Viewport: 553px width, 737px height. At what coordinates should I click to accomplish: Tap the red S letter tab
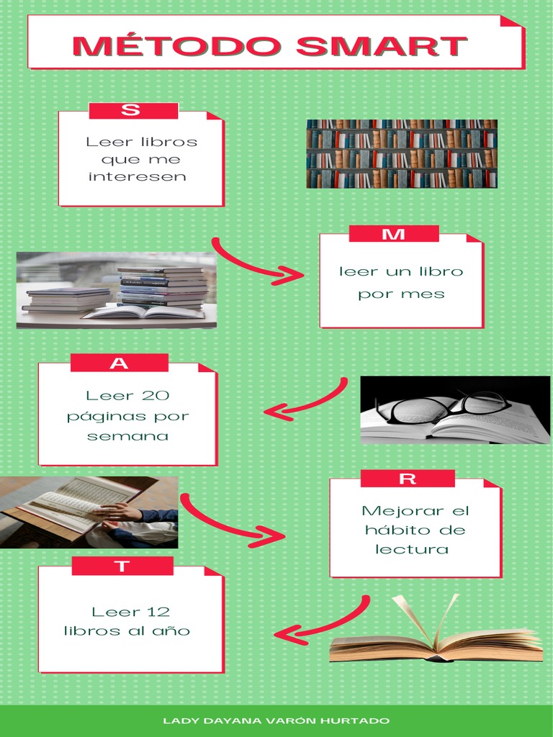[x=133, y=111]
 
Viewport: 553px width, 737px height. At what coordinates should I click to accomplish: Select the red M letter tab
[x=394, y=234]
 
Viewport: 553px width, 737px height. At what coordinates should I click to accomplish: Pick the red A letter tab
[x=120, y=363]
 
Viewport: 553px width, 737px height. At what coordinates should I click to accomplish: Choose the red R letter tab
[x=408, y=479]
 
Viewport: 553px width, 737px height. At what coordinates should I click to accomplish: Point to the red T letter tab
[x=122, y=566]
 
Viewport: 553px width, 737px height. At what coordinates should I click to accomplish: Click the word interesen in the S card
[x=137, y=177]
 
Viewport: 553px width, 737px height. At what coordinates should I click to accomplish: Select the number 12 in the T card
[x=158, y=612]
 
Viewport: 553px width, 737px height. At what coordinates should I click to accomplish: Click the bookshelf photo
[x=402, y=153]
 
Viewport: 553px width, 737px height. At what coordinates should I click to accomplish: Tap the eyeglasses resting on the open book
[x=448, y=407]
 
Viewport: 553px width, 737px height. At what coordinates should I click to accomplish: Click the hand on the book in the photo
[x=119, y=512]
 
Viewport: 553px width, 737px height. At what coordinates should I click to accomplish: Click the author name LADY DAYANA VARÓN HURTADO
[x=276, y=720]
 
